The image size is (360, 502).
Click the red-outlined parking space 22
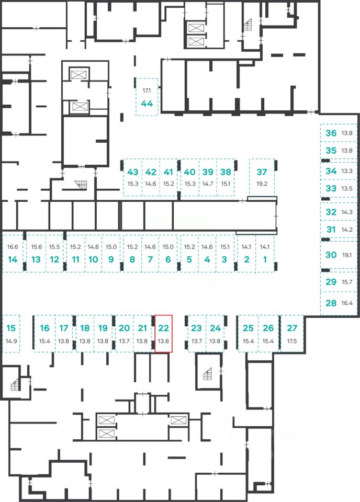point(164,334)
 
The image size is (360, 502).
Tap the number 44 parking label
point(147,104)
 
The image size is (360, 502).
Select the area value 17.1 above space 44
point(147,90)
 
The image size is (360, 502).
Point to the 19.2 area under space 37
point(262,184)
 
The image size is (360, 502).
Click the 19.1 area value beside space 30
point(347,255)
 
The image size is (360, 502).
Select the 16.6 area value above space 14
point(13,247)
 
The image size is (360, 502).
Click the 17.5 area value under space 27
point(292,341)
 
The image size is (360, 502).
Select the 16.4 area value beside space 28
point(347,303)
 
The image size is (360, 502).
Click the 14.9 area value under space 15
point(11,341)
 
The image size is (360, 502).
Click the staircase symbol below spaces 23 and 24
point(208,374)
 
